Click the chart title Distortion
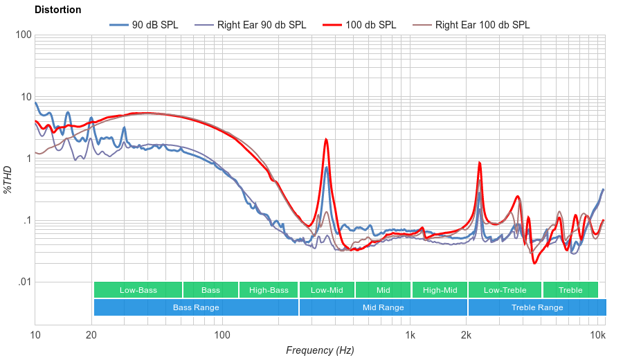(57, 10)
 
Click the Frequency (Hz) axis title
(320, 350)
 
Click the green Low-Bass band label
(138, 290)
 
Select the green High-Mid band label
(440, 290)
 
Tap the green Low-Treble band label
(505, 290)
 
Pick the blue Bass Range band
(196, 307)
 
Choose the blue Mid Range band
(383, 307)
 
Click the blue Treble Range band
(536, 307)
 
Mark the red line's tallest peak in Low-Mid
(325, 139)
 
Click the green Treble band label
(570, 290)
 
